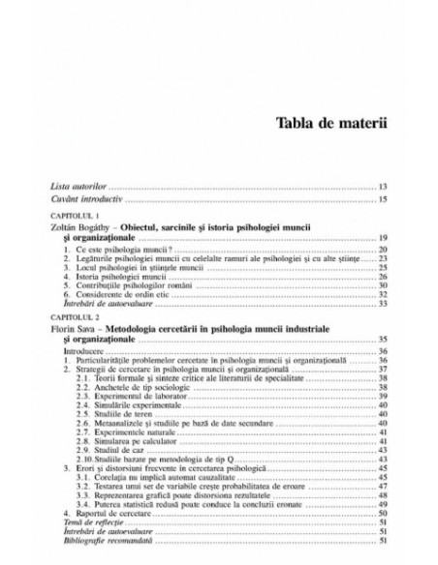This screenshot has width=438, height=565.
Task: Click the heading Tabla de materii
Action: (331, 122)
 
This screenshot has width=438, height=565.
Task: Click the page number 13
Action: (384, 184)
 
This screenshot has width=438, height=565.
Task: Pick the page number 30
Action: (384, 285)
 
